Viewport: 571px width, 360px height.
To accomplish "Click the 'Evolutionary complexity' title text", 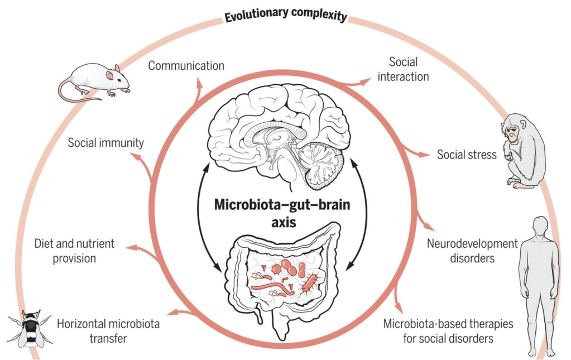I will tap(285, 15).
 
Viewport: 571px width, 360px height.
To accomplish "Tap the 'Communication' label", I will tap(186, 65).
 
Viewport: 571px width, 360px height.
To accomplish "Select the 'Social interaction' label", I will tap(403, 69).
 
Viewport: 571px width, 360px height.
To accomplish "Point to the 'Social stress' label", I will tap(467, 155).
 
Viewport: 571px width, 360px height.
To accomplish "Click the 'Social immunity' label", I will tap(105, 142).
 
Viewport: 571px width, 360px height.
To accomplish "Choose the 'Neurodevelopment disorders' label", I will tap(472, 251).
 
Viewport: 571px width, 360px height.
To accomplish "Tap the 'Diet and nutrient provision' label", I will tap(74, 251).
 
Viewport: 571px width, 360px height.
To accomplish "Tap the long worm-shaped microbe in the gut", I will tap(271, 288).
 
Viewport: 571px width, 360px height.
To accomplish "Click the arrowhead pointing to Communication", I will tap(199, 81).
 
